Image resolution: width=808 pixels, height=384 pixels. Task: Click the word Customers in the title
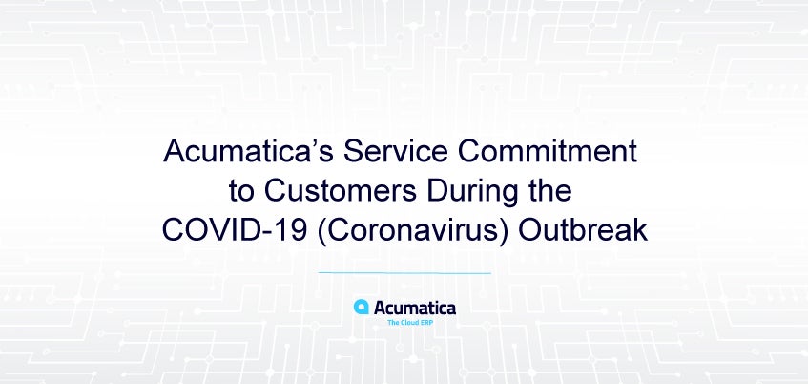point(341,191)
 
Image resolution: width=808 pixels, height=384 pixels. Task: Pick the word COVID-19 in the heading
point(235,230)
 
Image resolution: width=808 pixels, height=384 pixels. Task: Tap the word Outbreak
point(583,230)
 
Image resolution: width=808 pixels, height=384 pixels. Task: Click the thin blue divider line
point(404,273)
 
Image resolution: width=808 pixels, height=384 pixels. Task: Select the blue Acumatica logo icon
point(362,307)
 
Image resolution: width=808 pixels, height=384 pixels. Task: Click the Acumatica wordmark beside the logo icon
point(415,309)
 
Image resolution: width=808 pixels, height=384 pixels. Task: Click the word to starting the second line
point(241,192)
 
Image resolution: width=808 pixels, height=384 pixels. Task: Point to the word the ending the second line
point(553,191)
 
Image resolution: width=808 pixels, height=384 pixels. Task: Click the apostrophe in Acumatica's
point(315,144)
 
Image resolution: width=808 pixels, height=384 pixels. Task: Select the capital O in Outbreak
point(529,231)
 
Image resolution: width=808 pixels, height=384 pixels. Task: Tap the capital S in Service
point(355,152)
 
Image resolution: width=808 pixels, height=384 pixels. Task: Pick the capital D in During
point(437,191)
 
